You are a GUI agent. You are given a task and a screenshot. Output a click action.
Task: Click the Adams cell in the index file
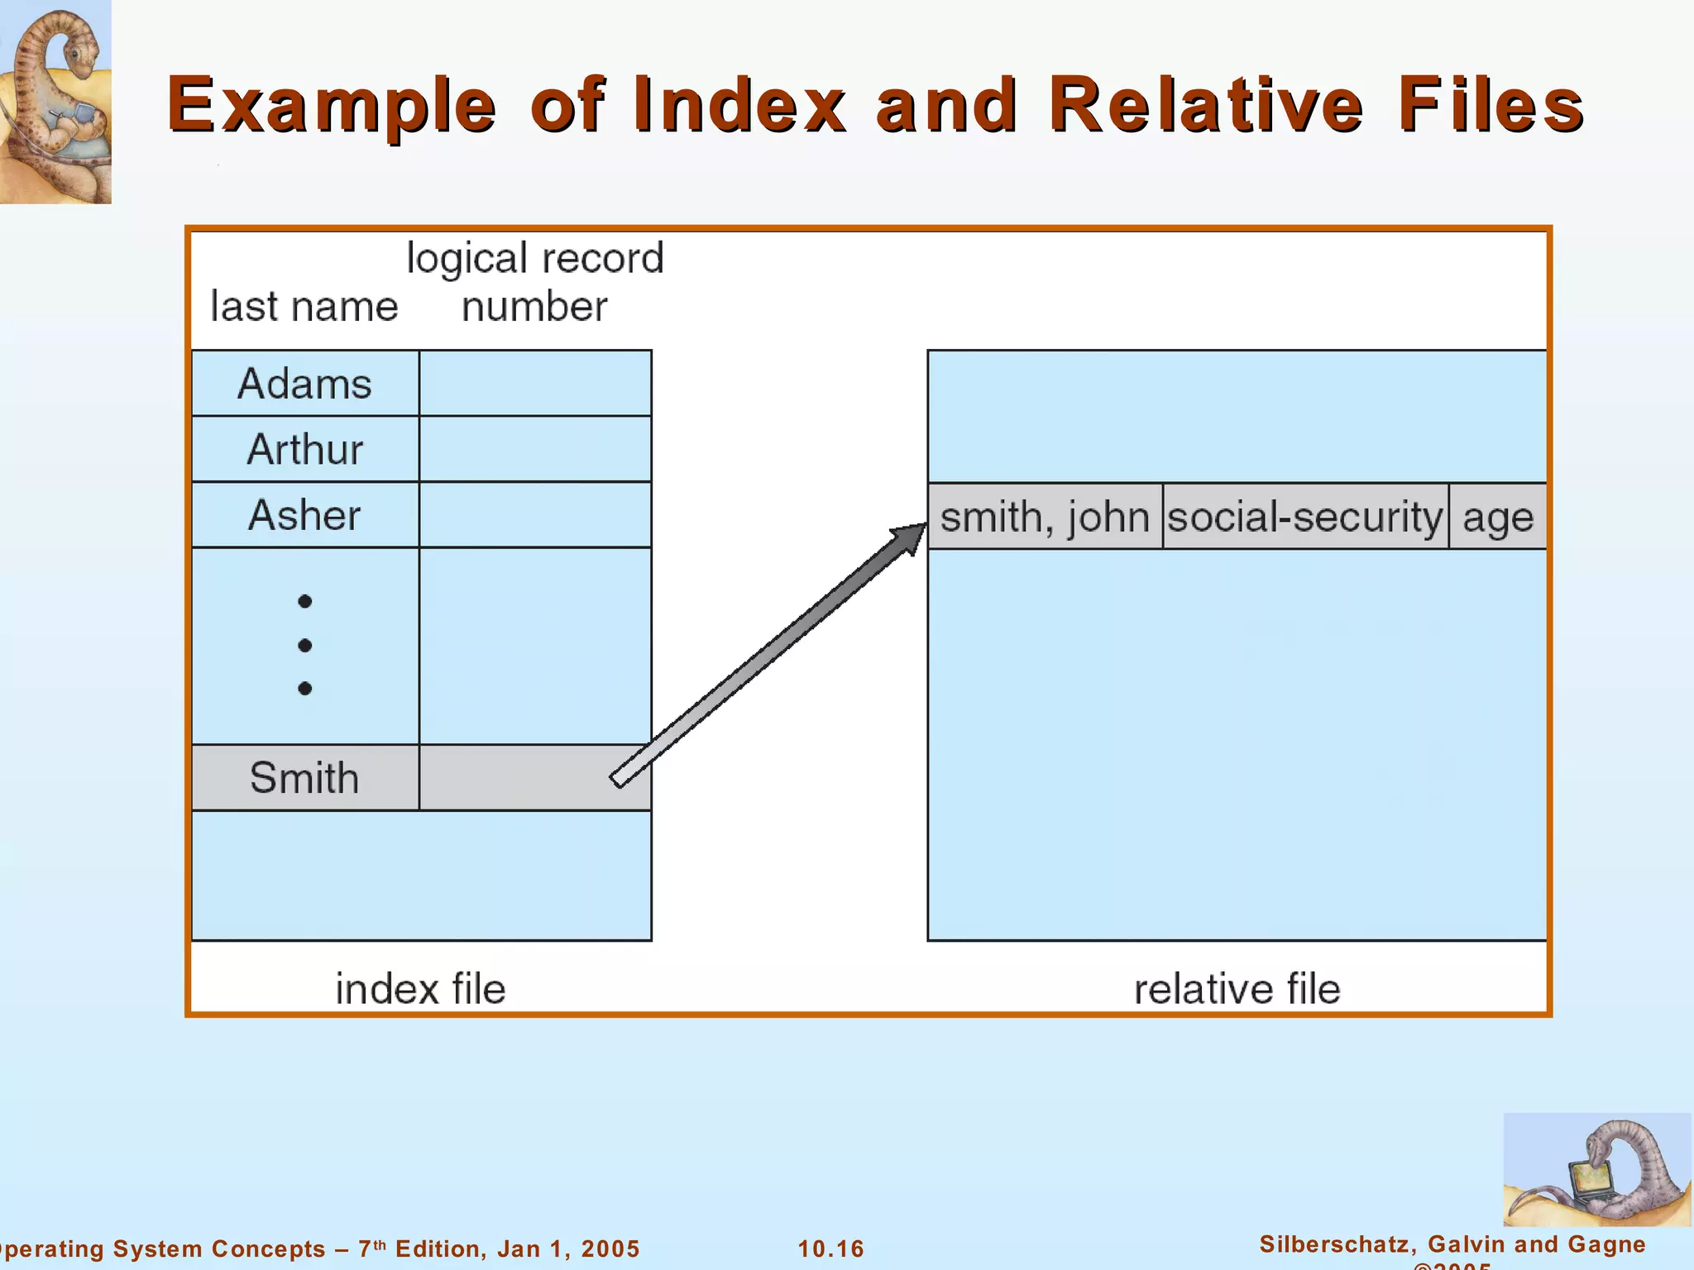click(x=305, y=384)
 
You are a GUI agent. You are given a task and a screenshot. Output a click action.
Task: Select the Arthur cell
click(x=305, y=450)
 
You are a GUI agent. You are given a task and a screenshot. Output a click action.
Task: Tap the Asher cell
click(x=305, y=515)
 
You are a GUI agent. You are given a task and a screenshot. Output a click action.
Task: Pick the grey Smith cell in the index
click(x=305, y=778)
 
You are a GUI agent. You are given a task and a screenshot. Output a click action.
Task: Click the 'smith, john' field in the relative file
click(x=1045, y=518)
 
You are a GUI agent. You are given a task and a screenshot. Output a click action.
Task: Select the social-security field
click(x=1305, y=518)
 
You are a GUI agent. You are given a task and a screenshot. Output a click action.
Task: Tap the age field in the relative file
click(x=1498, y=518)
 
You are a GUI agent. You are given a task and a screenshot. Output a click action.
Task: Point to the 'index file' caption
click(x=420, y=989)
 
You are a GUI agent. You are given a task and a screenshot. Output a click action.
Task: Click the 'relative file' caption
click(x=1237, y=989)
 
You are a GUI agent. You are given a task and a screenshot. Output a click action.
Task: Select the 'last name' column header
click(x=304, y=307)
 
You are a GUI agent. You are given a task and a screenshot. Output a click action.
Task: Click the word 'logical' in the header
click(x=467, y=259)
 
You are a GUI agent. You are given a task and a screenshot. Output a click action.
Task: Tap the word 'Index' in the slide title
click(x=739, y=105)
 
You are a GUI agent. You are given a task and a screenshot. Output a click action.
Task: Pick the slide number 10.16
click(x=830, y=1249)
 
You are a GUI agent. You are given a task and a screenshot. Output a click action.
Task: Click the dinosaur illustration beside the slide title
click(x=55, y=101)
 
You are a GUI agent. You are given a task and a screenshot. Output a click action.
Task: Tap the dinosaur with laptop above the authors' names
click(x=1596, y=1170)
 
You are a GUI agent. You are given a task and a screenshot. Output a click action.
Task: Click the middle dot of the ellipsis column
click(x=305, y=645)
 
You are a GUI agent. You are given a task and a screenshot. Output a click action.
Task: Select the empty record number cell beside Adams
click(x=535, y=384)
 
